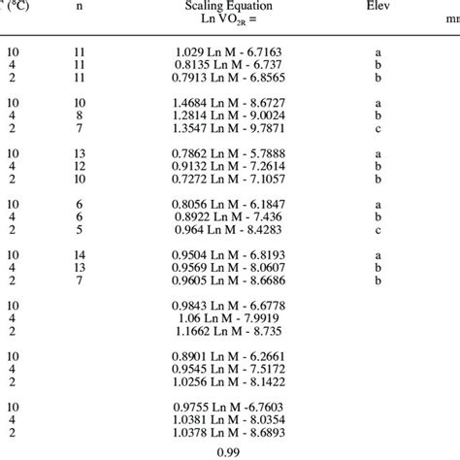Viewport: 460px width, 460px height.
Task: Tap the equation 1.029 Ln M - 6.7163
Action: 231,49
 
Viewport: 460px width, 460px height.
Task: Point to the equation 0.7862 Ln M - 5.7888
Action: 231,152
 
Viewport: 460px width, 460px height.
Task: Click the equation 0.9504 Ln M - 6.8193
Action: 231,253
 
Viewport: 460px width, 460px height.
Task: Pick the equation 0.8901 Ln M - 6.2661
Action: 231,356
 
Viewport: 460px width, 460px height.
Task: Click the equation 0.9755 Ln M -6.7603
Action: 231,407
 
